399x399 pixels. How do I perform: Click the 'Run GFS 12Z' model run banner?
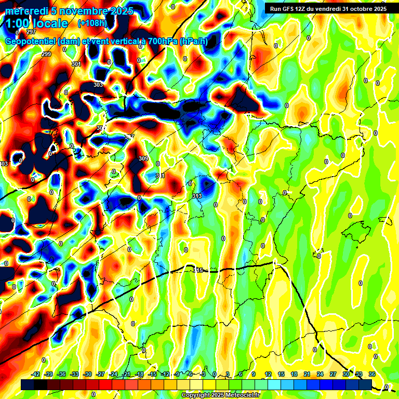pyautogui.click(x=326, y=8)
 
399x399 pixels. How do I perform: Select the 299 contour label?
pyautogui.click(x=46, y=55)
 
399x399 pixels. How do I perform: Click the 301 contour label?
pyautogui.click(x=76, y=64)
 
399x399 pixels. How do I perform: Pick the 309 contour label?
pyautogui.click(x=143, y=158)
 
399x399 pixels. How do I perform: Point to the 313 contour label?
pyautogui.click(x=196, y=196)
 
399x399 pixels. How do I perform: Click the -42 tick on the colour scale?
pyautogui.click(x=36, y=374)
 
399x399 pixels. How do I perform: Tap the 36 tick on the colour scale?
pyautogui.click(x=372, y=374)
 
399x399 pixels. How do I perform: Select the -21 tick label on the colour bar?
pyautogui.click(x=126, y=374)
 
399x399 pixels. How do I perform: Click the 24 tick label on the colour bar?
pyautogui.click(x=320, y=374)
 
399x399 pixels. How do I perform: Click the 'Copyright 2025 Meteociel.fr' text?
pyautogui.click(x=220, y=395)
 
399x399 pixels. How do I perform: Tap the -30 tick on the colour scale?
pyautogui.click(x=87, y=374)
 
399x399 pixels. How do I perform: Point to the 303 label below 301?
pyautogui.click(x=98, y=85)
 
